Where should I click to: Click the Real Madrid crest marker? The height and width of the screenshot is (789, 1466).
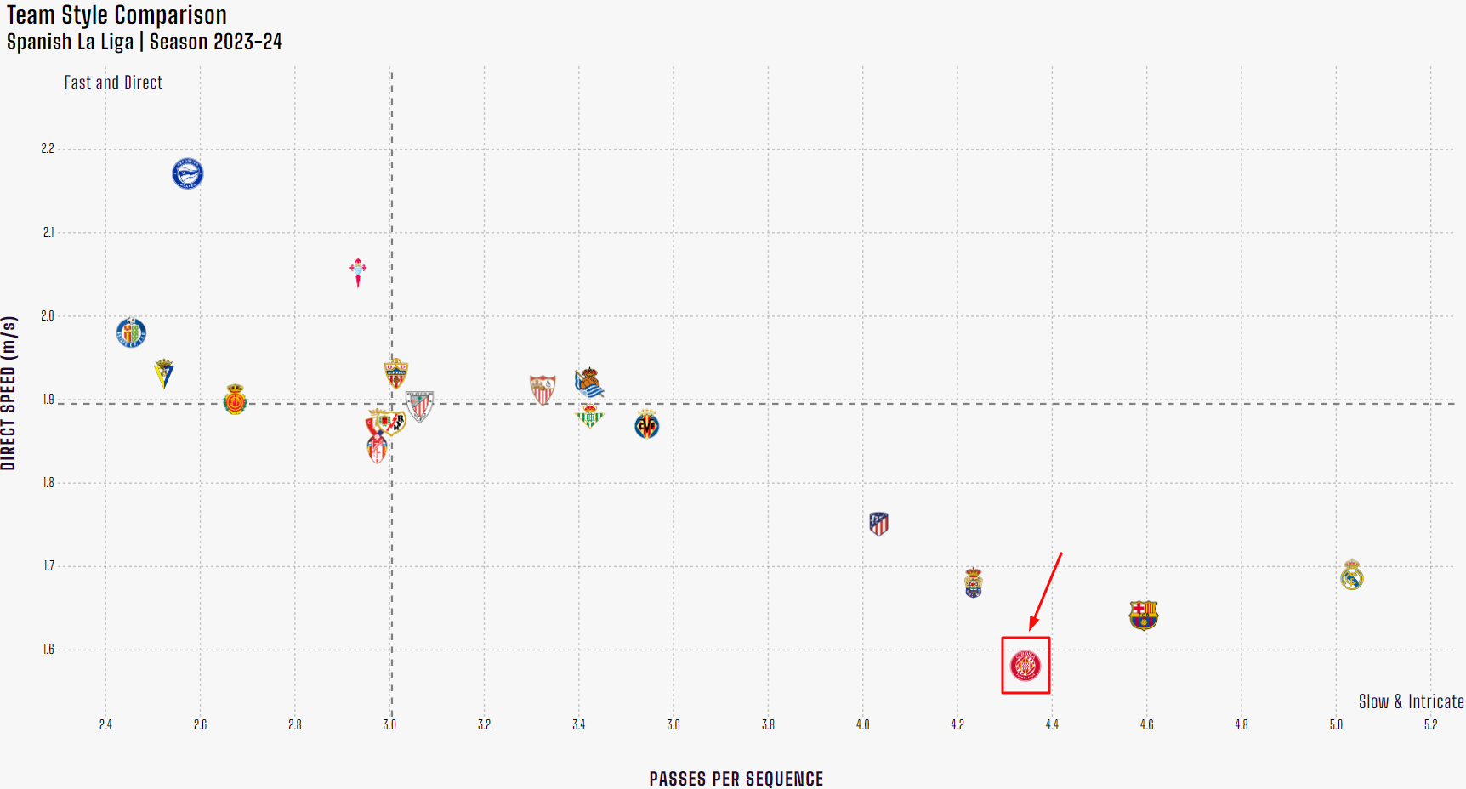(x=1351, y=576)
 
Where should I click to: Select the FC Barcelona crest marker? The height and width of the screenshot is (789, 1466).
(x=1144, y=615)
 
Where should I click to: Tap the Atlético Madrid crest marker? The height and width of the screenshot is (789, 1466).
(x=878, y=524)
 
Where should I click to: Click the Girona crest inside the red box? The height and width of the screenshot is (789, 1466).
(x=1026, y=666)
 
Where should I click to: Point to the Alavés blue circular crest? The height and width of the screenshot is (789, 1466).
(x=188, y=173)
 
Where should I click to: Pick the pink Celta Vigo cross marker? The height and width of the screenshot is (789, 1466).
(x=358, y=271)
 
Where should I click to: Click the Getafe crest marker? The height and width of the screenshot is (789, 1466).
(x=131, y=332)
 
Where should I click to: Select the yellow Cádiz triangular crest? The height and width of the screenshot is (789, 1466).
(x=164, y=373)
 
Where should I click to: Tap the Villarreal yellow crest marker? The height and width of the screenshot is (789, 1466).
(x=647, y=424)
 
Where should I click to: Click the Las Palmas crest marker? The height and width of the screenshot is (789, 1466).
(x=974, y=583)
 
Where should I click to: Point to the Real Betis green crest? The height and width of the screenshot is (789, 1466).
(x=589, y=416)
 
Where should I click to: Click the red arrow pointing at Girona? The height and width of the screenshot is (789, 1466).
(x=1046, y=591)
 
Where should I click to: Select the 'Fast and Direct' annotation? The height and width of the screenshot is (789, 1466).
(x=113, y=82)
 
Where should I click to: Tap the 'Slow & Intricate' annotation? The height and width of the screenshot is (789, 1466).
(x=1411, y=701)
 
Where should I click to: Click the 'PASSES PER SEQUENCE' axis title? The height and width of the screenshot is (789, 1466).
(x=736, y=779)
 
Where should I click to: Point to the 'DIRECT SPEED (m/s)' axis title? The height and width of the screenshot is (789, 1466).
(x=9, y=393)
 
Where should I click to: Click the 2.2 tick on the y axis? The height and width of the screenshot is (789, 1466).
(x=48, y=149)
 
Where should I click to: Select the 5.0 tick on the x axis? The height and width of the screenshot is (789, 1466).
(x=1336, y=724)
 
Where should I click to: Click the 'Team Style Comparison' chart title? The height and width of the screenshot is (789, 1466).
(x=117, y=15)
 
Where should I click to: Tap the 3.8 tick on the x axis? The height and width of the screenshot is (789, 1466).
(x=768, y=724)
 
